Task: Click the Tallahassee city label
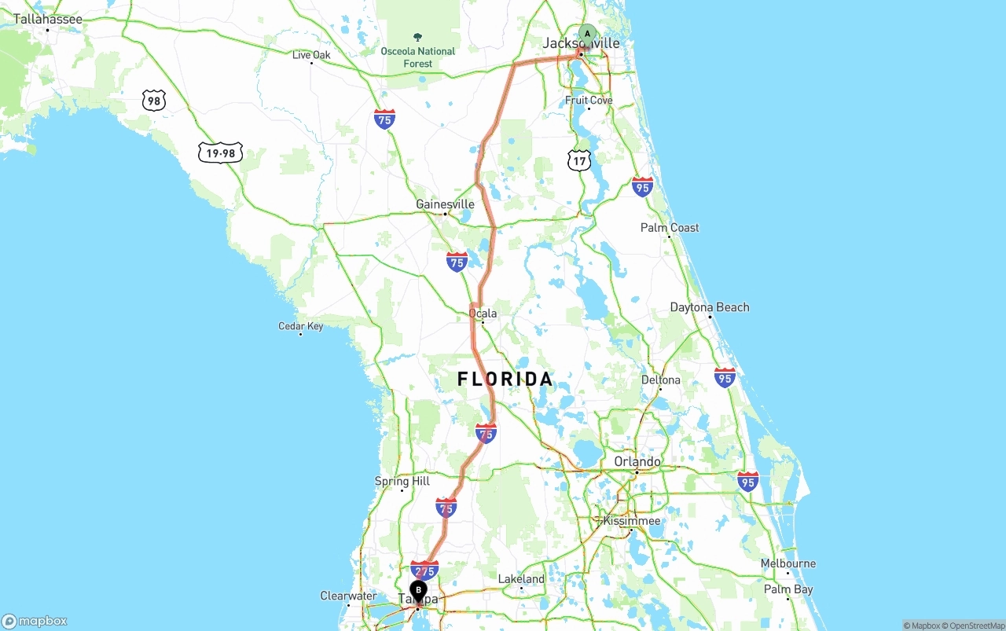[48, 19]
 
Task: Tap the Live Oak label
[311, 55]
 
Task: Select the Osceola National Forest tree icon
[417, 37]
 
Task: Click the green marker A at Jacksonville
[587, 35]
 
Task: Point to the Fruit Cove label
[589, 101]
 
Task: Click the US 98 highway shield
[154, 100]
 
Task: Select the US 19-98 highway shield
[220, 153]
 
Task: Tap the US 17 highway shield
[579, 161]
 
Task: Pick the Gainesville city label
[445, 204]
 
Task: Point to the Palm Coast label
[670, 228]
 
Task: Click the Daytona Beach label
[710, 307]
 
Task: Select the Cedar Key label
[300, 326]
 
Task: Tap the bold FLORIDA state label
[505, 380]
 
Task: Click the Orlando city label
[637, 461]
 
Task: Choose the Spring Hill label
[402, 481]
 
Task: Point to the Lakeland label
[521, 579]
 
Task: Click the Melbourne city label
[788, 563]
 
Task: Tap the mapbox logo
[35, 621]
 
